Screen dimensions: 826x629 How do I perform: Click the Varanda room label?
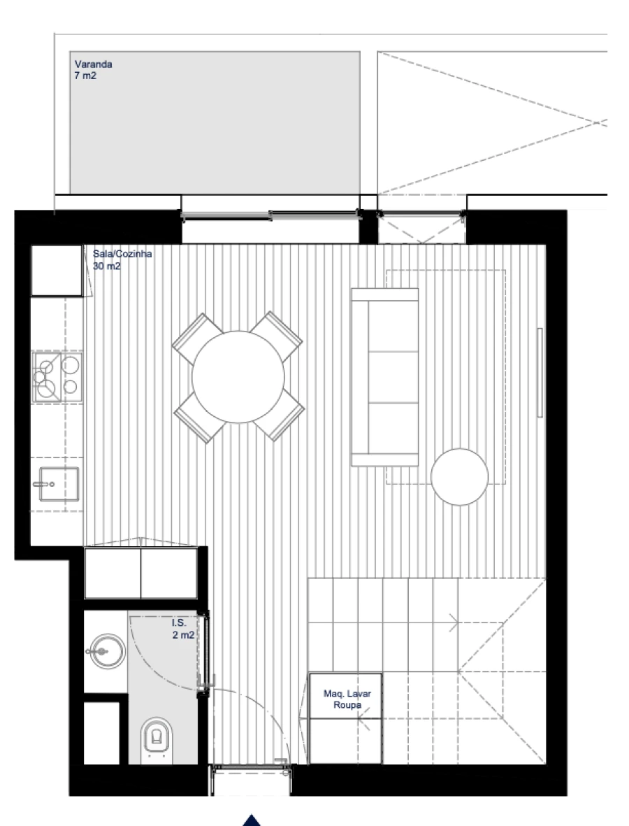click(x=94, y=64)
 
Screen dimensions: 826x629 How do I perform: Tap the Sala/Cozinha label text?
click(x=122, y=254)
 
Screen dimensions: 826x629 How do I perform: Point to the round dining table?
click(x=238, y=376)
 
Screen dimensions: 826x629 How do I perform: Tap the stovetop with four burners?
click(x=57, y=378)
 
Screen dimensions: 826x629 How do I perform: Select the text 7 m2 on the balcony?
click(x=85, y=76)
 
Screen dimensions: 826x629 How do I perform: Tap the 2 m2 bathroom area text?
click(x=183, y=634)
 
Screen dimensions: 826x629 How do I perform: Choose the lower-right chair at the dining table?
click(x=286, y=418)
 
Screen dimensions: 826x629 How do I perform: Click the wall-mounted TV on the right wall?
click(x=540, y=373)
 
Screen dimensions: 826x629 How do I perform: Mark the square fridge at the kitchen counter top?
click(x=57, y=270)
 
